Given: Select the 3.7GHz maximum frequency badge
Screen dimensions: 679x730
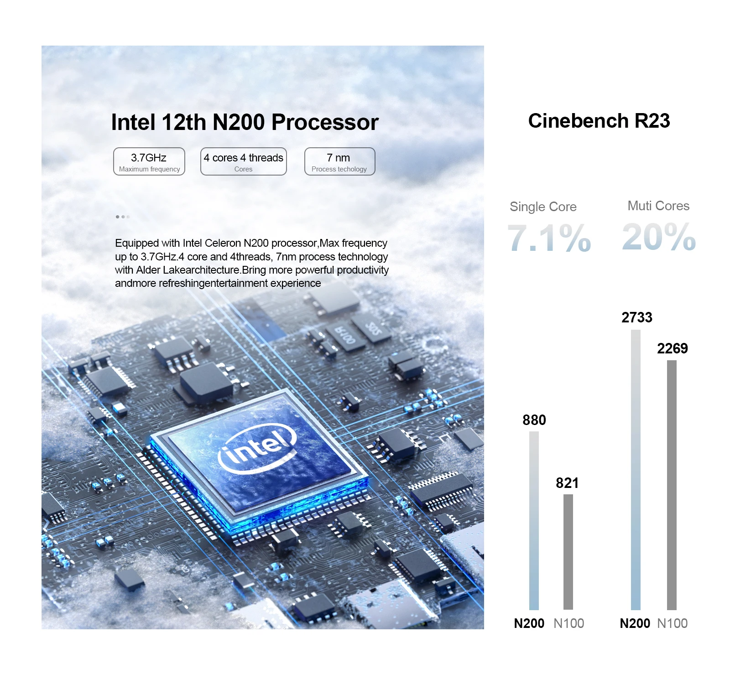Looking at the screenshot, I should tap(149, 161).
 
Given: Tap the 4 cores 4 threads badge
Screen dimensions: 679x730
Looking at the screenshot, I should tap(244, 161).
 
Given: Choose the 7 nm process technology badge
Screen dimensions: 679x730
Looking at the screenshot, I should tap(339, 161).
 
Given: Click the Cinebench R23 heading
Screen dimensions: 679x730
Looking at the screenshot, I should tap(599, 121).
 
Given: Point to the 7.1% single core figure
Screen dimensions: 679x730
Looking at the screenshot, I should tap(549, 238).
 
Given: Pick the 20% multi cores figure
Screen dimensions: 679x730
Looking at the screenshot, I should tap(659, 237).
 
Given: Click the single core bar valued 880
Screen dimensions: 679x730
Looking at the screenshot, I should tap(534, 520).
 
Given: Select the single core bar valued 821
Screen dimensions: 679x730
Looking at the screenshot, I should tap(568, 552).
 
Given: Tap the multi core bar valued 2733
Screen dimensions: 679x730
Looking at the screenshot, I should tap(636, 470).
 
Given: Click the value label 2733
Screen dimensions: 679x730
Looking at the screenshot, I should tap(637, 317).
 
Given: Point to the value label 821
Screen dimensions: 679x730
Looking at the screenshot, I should tap(567, 483).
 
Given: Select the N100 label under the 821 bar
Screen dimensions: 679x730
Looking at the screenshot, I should tap(568, 623).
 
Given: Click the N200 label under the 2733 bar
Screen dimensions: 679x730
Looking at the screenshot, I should tap(635, 623).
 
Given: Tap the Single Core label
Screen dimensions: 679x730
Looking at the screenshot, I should tap(543, 207).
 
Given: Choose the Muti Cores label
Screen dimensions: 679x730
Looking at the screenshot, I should tap(658, 206).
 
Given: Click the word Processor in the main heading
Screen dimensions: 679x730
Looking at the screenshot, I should tap(325, 122).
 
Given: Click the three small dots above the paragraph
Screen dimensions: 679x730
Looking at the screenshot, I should tap(123, 217).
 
